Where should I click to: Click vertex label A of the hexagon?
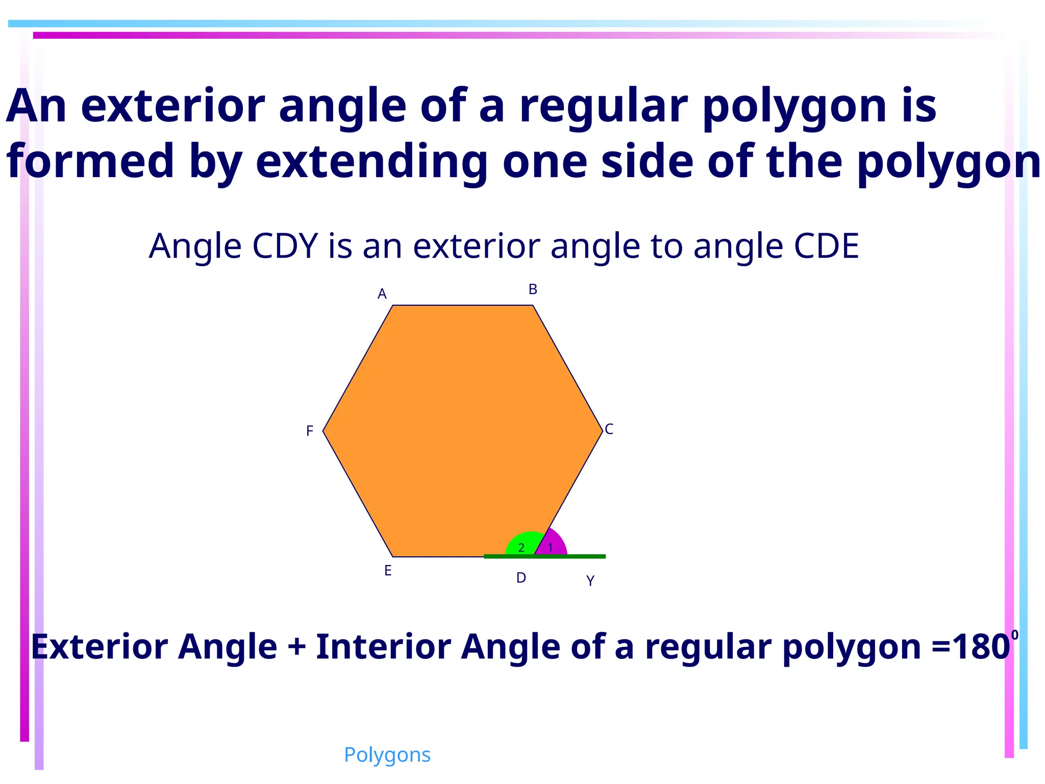(x=382, y=294)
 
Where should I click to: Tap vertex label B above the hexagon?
(x=533, y=289)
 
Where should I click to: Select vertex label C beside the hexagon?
(x=609, y=429)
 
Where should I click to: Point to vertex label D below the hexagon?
(x=521, y=578)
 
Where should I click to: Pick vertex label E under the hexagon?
(x=388, y=571)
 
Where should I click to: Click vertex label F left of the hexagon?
(x=309, y=431)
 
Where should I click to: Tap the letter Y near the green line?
(x=590, y=581)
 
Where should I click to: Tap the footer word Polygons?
(x=387, y=755)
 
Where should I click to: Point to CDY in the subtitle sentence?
(x=285, y=246)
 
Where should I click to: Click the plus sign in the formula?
(x=296, y=647)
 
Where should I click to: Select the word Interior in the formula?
(x=383, y=647)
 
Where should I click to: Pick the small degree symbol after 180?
(x=1015, y=635)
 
